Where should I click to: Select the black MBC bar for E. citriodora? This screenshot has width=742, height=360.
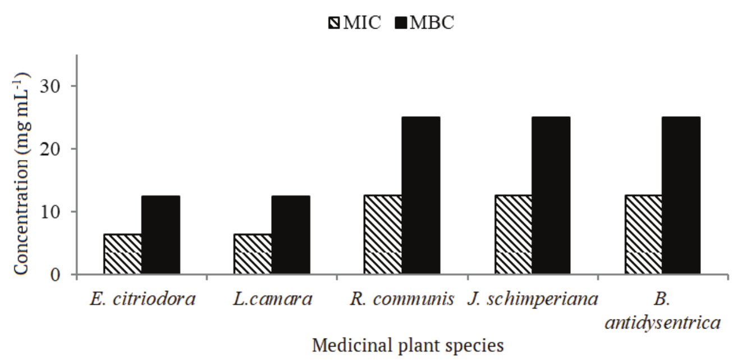[161, 235]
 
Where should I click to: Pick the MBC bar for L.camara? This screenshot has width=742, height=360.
[291, 235]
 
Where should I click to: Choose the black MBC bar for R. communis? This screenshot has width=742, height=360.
[421, 196]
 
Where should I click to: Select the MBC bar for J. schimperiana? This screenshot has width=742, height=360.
[551, 196]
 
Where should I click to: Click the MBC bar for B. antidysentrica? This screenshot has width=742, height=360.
[681, 196]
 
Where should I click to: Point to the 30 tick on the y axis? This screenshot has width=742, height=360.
[52, 86]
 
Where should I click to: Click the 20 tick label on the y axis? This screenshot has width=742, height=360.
[52, 149]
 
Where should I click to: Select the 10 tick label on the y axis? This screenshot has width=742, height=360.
[52, 212]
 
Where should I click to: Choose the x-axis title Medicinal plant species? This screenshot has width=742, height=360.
[408, 344]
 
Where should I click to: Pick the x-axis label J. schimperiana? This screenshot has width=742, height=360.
[532, 299]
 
